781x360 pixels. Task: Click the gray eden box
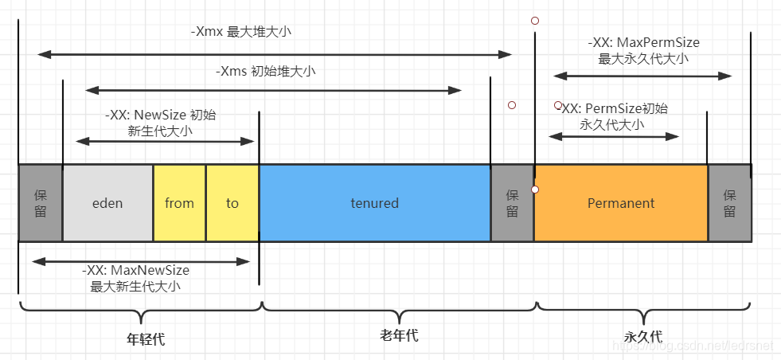coord(107,203)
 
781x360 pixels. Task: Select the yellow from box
coord(179,203)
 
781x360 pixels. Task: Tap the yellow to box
coord(232,203)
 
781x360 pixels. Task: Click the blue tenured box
coord(375,203)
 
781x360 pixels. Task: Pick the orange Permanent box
coord(621,203)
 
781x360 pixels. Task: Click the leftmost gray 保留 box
coord(41,203)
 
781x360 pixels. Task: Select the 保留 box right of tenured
coord(513,203)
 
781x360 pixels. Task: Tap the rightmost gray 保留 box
coord(730,203)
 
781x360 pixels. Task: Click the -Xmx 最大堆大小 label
coord(241,32)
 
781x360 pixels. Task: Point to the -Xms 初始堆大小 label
coord(265,72)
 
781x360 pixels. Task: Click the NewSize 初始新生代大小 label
coord(160,123)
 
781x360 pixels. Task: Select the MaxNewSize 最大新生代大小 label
coord(135,278)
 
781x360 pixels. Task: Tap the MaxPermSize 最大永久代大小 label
coord(643,50)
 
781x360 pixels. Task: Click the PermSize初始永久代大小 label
coord(615,116)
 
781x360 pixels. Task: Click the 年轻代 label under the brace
coord(146,339)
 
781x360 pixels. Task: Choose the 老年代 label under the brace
coord(399,335)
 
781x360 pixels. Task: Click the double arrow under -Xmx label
coord(275,54)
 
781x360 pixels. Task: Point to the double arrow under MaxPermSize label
coord(642,76)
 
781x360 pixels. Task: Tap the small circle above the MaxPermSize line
coord(535,21)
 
